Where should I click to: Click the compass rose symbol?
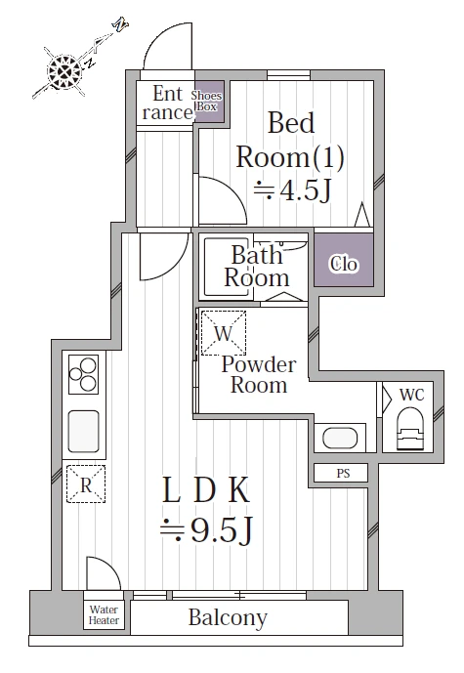click(x=64, y=71)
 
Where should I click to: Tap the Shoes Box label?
click(x=206, y=101)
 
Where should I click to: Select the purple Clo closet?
click(x=344, y=260)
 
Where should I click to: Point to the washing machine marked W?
click(x=224, y=333)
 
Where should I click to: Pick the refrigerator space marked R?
click(x=86, y=484)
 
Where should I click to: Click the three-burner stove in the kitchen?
click(x=83, y=374)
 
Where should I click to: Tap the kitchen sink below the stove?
click(x=84, y=432)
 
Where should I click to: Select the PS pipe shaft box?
click(x=341, y=473)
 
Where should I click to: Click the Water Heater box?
click(x=104, y=614)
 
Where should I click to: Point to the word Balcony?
click(x=228, y=618)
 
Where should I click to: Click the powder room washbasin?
click(x=340, y=438)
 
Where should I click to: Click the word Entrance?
click(x=168, y=103)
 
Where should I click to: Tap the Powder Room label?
click(x=259, y=375)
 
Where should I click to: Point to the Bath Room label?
click(x=257, y=267)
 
